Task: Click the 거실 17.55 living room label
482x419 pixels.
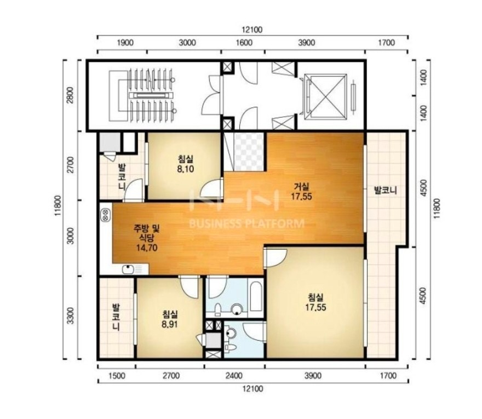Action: pyautogui.click(x=301, y=191)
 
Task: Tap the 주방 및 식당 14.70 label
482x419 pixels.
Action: pyautogui.click(x=147, y=238)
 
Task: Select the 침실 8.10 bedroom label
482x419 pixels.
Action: pyautogui.click(x=185, y=164)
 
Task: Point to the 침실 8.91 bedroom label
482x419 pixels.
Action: pyautogui.click(x=170, y=319)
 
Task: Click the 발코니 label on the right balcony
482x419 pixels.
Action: pyautogui.click(x=385, y=190)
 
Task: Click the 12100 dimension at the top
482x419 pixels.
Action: pyautogui.click(x=252, y=30)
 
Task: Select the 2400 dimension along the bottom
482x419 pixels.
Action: pyautogui.click(x=234, y=376)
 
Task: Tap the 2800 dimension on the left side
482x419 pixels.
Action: pyautogui.click(x=71, y=95)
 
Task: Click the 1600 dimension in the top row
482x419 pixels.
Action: pyautogui.click(x=244, y=42)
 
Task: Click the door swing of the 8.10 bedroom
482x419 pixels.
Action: pyautogui.click(x=211, y=188)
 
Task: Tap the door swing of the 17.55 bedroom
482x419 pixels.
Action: pyautogui.click(x=276, y=257)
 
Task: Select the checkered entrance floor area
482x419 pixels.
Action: pyautogui.click(x=248, y=151)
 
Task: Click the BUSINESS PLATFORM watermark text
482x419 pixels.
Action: pyautogui.click(x=246, y=223)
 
